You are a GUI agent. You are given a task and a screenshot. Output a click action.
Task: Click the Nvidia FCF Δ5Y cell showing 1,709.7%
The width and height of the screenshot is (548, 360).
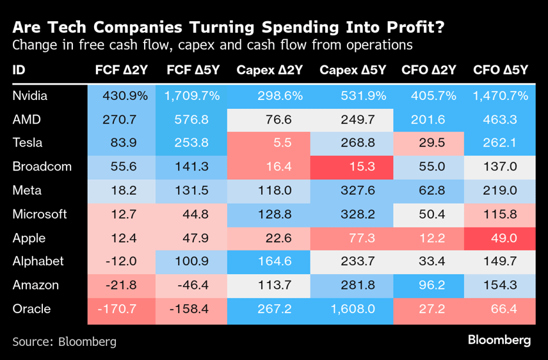[x=192, y=95]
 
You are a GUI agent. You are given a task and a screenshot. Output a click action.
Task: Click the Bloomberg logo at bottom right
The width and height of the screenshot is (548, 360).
[x=499, y=340]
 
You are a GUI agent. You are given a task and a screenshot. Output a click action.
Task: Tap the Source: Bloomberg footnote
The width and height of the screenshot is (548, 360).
[x=65, y=341]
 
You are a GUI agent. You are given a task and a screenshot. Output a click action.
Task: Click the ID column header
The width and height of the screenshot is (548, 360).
[x=19, y=70]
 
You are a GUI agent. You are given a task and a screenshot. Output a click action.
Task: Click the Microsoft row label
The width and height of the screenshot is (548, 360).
[x=40, y=214]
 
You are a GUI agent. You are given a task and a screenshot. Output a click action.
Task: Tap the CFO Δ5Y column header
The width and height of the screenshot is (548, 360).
[x=500, y=70]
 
